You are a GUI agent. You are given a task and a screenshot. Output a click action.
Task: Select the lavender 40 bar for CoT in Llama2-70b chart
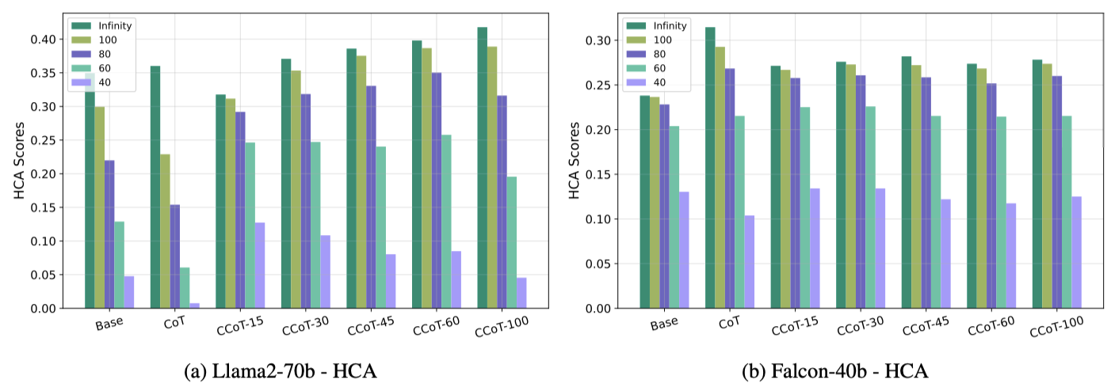tap(194, 306)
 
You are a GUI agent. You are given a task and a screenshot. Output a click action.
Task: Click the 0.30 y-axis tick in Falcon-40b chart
tap(599, 40)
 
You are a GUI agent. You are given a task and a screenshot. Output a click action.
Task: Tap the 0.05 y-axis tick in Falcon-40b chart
tap(599, 264)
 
